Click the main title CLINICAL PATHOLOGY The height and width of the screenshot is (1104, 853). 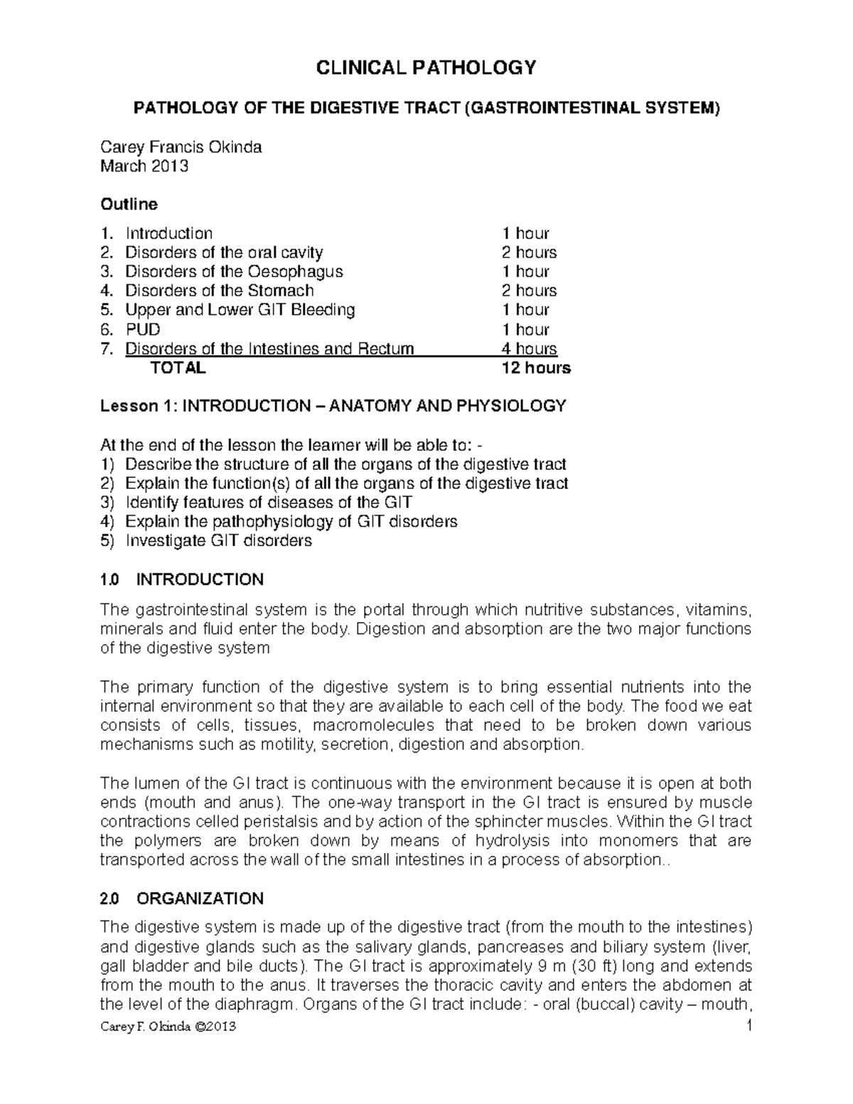[x=426, y=68]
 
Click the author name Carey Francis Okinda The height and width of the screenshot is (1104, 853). [x=181, y=147]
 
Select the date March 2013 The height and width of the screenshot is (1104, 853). [x=144, y=166]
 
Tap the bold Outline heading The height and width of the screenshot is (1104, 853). [x=129, y=204]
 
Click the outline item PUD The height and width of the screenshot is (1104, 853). [x=142, y=329]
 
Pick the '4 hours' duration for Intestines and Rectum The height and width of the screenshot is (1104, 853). [x=529, y=348]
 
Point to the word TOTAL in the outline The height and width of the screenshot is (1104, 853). [x=178, y=368]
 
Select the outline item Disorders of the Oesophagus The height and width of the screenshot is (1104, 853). [x=234, y=272]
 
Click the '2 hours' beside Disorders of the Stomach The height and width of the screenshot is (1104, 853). [x=529, y=291]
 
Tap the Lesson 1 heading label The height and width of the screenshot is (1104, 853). [x=137, y=406]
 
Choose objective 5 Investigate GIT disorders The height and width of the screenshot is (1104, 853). [x=218, y=541]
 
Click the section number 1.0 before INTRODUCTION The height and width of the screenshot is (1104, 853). [x=110, y=579]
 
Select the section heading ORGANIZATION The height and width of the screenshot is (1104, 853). [x=200, y=899]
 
